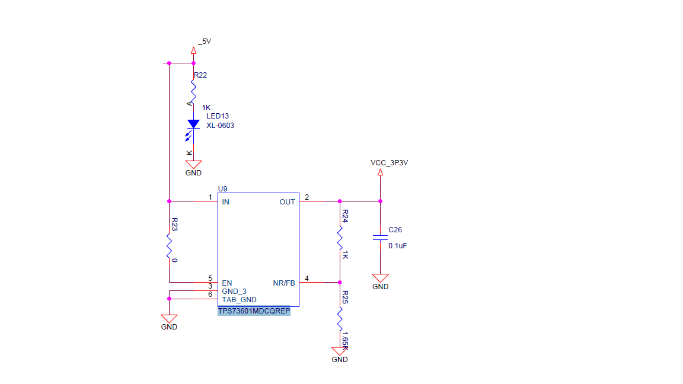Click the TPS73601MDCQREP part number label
tap(254, 311)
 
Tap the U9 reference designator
tap(222, 188)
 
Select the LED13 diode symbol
tap(193, 124)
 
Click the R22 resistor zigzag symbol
tap(193, 91)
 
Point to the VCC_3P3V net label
tap(389, 162)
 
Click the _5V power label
tap(205, 41)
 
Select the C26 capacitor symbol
tap(380, 238)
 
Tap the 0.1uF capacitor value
tap(397, 245)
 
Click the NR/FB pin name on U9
tap(283, 283)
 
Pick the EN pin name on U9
tap(226, 283)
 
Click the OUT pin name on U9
tap(287, 202)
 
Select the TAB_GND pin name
tap(239, 299)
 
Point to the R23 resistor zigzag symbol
tap(169, 244)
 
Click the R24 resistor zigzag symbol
tap(340, 238)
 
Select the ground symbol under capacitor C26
tap(380, 278)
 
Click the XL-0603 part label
tap(220, 125)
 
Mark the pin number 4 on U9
tap(307, 278)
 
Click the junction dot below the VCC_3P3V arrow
tap(380, 201)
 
